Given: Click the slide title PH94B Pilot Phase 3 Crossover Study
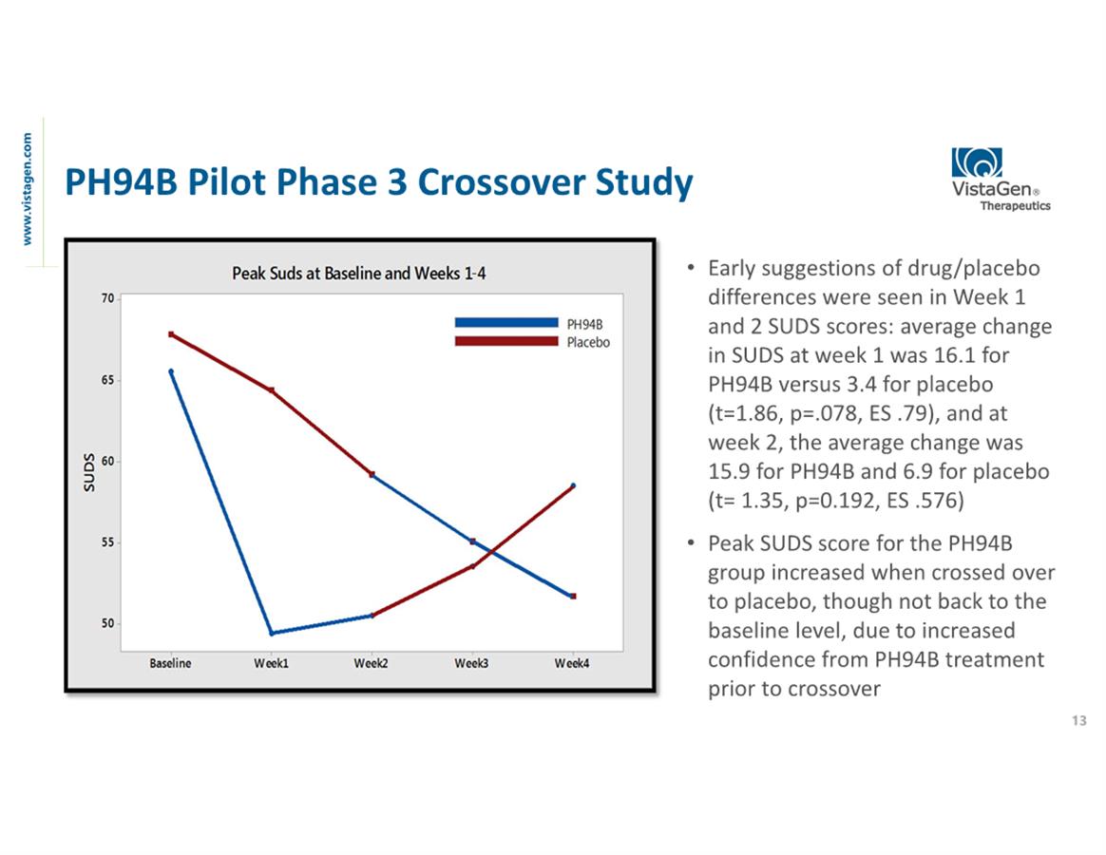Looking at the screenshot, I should pyautogui.click(x=377, y=182).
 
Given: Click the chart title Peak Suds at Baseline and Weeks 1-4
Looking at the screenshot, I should pyautogui.click(x=359, y=274).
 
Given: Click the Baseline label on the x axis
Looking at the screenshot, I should pyautogui.click(x=170, y=663).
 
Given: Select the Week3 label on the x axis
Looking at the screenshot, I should pyautogui.click(x=471, y=663).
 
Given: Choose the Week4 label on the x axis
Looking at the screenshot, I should pyautogui.click(x=572, y=663).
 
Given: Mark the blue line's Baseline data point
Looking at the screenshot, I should pyautogui.click(x=171, y=371).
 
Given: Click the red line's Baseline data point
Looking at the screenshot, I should pyautogui.click(x=171, y=334).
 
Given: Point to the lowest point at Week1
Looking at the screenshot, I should pyautogui.click(x=272, y=634).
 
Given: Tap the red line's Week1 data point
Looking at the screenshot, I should pyautogui.click(x=272, y=390).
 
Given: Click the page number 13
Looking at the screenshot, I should pyautogui.click(x=1078, y=721).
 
